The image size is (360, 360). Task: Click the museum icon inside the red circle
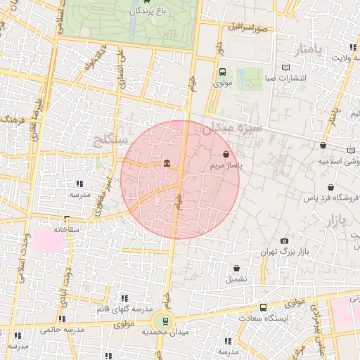pyautogui.click(x=167, y=164)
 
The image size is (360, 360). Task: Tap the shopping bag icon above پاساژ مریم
pyautogui.click(x=226, y=153)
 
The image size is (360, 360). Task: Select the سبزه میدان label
pyautogui.click(x=231, y=129)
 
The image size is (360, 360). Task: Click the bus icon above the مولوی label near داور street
pyautogui.click(x=222, y=72)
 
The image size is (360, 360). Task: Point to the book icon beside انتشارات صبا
pyautogui.click(x=285, y=67)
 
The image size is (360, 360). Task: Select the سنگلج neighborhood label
pyautogui.click(x=110, y=141)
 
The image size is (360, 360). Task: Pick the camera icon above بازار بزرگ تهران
pyautogui.click(x=284, y=240)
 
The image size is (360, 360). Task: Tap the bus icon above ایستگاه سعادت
pyautogui.click(x=263, y=307)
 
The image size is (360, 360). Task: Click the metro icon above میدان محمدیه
pyautogui.click(x=165, y=321)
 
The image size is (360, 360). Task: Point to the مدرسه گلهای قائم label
pyautogui.click(x=129, y=309)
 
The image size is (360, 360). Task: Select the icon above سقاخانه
pyautogui.click(x=66, y=219)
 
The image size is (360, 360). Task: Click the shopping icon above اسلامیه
pyautogui.click(x=323, y=146)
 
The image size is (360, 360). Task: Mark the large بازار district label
pyautogui.click(x=337, y=221)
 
